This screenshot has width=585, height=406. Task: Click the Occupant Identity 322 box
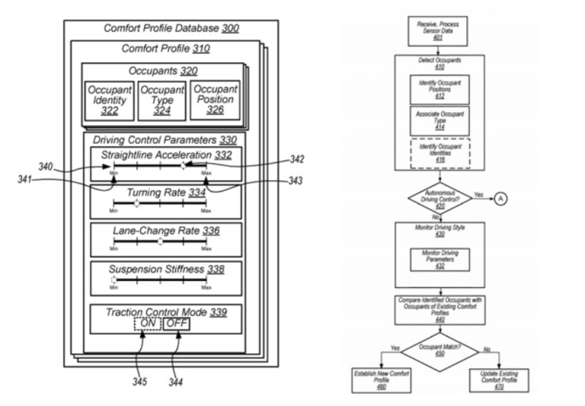110,100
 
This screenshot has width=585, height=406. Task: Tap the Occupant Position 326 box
214,100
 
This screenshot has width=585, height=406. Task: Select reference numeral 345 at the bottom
139,381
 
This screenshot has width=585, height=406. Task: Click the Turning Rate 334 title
161,193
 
